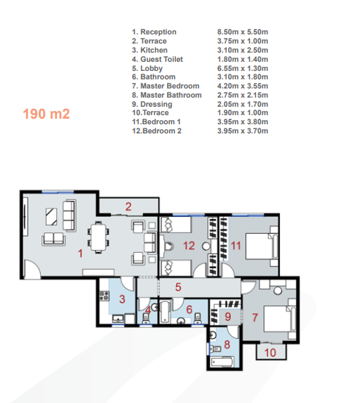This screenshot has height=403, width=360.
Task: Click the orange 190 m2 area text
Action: [46, 114]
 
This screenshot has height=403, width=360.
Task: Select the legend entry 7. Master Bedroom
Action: [166, 86]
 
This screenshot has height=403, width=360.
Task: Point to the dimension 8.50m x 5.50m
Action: [243, 32]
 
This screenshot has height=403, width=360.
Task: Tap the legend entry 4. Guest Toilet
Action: [157, 59]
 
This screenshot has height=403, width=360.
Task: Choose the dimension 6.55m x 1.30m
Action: [243, 68]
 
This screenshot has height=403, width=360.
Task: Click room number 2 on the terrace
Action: [128, 206]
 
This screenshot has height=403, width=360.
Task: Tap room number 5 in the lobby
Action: [178, 287]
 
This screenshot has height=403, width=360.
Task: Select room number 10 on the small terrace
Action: [270, 352]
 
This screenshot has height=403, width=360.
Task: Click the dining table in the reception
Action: [98, 237]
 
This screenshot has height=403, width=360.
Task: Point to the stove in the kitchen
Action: [104, 296]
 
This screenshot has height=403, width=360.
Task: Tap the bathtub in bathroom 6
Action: [165, 312]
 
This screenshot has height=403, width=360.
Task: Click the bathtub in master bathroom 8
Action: [222, 362]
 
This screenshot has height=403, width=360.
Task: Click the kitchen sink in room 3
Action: [118, 319]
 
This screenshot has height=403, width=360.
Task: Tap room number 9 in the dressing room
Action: [227, 317]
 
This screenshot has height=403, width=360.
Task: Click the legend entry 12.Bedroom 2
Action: [156, 131]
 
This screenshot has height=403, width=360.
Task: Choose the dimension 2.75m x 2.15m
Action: [243, 95]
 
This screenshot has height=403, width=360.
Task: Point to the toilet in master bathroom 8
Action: [215, 349]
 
